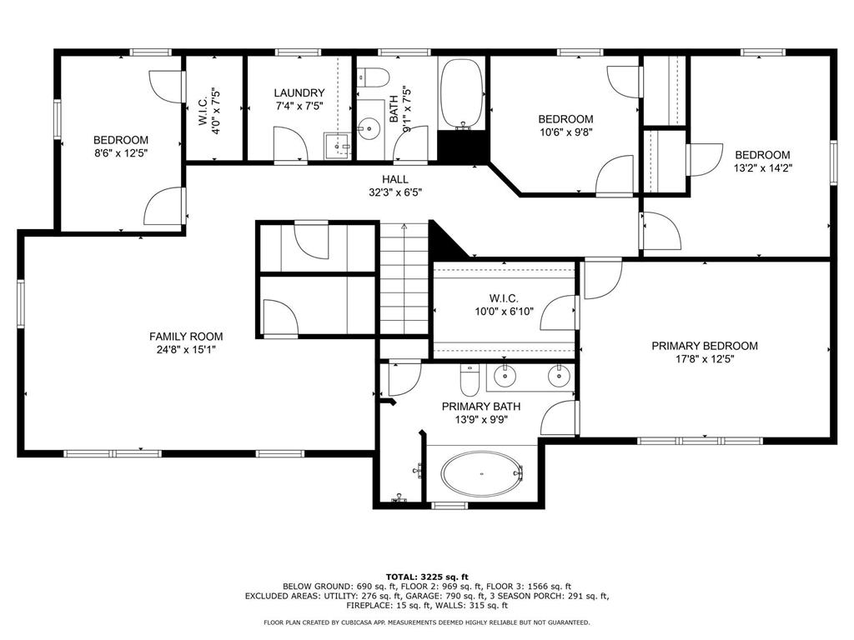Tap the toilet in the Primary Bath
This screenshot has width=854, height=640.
469,383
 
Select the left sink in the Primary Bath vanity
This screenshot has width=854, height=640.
505,377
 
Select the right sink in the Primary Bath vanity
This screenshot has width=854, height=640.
558,377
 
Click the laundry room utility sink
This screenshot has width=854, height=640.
337,145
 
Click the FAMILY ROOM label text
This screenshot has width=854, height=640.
186,337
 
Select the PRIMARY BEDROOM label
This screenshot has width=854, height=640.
705,346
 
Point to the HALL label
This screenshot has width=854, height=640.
395,179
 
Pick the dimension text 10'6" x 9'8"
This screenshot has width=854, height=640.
565,132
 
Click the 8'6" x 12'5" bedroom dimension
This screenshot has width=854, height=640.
121,153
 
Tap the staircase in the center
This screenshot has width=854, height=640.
404,279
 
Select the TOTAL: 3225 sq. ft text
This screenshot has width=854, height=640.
426,577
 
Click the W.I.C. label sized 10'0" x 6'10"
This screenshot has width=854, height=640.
504,298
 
